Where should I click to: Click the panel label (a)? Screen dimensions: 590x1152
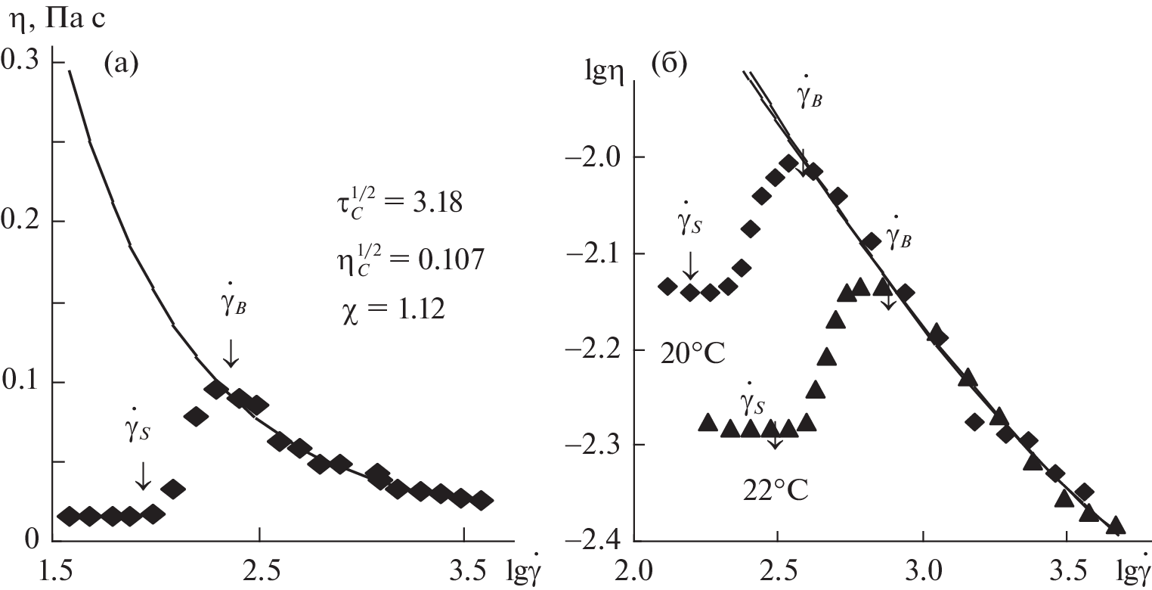tap(121, 65)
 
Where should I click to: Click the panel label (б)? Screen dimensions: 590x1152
tap(668, 65)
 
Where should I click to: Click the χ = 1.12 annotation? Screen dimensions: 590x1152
tap(394, 312)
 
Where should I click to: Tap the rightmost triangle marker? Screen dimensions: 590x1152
tap(1116, 526)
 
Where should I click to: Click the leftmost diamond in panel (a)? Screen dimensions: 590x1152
tap(69, 517)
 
